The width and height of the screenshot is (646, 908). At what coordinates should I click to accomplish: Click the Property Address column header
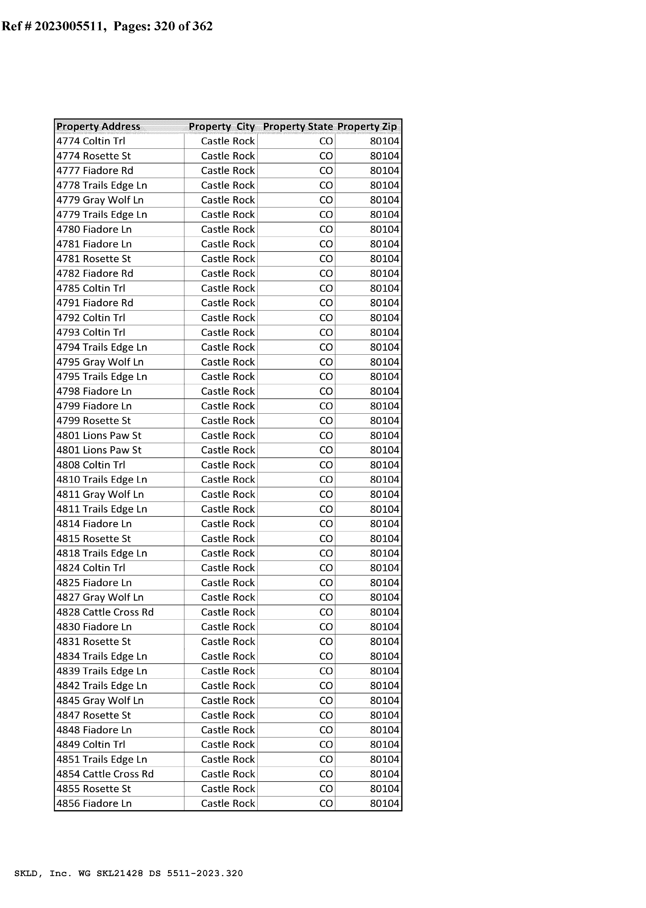98,126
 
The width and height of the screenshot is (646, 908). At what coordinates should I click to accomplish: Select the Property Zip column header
367,126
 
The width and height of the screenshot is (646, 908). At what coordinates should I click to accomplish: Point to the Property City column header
222,126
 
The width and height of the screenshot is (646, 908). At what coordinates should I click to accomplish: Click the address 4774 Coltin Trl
91,141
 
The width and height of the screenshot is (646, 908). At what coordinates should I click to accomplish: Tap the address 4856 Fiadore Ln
94,803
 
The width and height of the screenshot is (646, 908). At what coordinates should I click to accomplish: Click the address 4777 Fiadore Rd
95,171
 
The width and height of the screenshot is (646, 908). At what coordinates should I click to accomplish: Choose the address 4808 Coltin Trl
91,465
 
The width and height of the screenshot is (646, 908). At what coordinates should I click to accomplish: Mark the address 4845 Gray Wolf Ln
100,700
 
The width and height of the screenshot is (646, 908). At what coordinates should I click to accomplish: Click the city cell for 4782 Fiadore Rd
227,274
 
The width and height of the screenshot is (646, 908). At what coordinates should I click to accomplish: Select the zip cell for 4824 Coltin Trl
384,568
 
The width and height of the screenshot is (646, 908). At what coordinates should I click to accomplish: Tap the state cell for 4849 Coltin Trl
326,745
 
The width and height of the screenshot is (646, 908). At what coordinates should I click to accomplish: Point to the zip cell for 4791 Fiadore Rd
384,303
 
